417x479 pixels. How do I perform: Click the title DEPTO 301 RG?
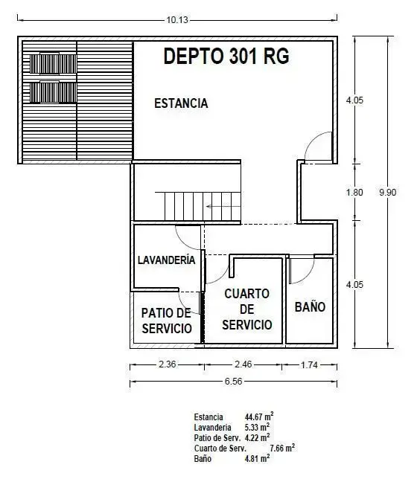click(x=226, y=57)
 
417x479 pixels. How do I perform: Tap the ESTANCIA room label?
click(x=181, y=103)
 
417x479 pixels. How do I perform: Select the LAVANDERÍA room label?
click(x=167, y=260)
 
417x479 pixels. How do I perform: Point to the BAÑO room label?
click(x=310, y=306)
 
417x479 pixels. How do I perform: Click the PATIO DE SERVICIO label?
click(x=167, y=321)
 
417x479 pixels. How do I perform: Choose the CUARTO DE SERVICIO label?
click(x=247, y=309)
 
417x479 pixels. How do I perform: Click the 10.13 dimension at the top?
click(x=177, y=20)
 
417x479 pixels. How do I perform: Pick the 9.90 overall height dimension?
click(x=388, y=193)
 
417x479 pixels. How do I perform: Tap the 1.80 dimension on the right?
click(x=354, y=193)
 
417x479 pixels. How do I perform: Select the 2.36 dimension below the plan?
click(x=168, y=364)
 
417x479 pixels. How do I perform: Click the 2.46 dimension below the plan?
click(x=243, y=364)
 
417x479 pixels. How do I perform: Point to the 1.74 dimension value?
click(x=309, y=364)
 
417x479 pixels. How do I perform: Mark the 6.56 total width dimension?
click(x=233, y=382)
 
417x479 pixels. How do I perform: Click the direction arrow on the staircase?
click(x=223, y=207)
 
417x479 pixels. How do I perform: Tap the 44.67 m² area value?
click(x=259, y=417)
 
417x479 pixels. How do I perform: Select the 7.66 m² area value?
click(x=282, y=448)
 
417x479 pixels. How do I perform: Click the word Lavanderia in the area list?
click(x=212, y=428)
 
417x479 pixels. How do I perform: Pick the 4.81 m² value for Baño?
click(x=258, y=458)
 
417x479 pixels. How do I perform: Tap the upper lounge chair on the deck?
click(x=53, y=63)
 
